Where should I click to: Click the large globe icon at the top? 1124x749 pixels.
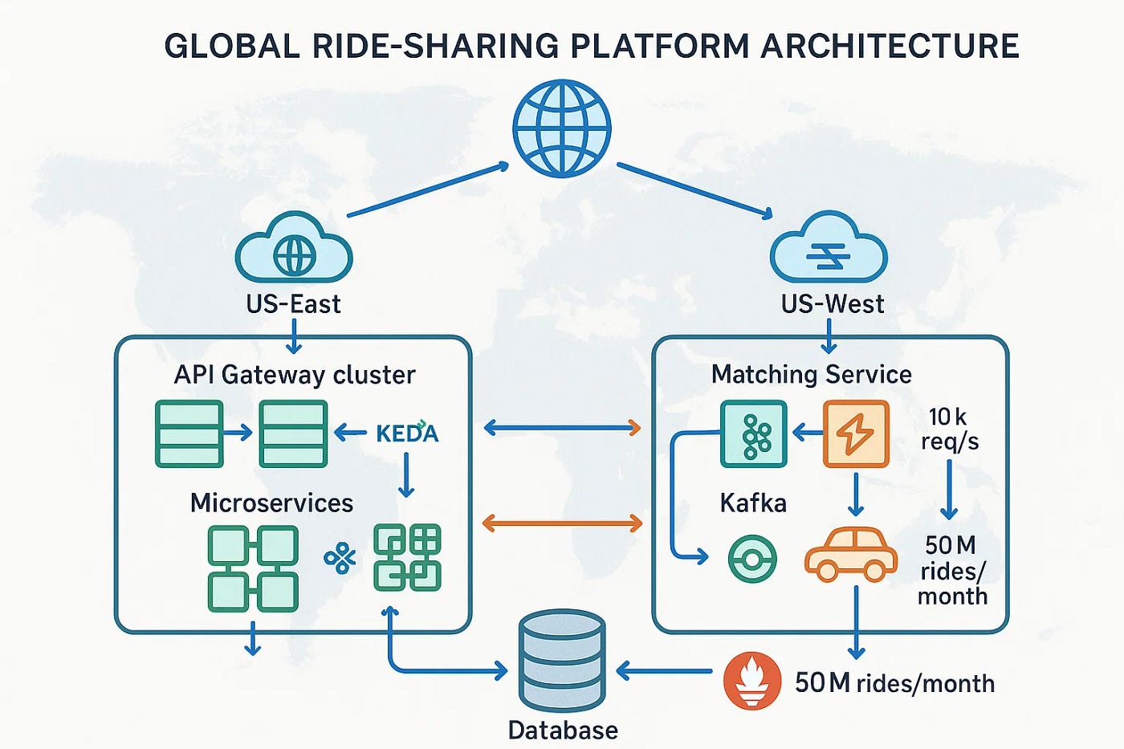coord(562,128)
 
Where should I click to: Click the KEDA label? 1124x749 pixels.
coord(407,434)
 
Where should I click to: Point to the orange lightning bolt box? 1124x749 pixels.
coord(856,434)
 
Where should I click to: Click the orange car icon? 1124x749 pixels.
coord(851,554)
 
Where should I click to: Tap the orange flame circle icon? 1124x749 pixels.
coord(751,681)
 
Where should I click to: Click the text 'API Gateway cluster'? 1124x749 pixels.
coord(295,375)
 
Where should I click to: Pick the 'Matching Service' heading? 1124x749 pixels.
coord(811,374)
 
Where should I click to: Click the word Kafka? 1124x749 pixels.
coord(752,503)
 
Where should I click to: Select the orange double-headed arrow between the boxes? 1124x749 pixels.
coord(562,523)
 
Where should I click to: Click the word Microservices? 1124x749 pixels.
coord(271,503)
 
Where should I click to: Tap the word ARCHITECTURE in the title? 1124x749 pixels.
coord(890,46)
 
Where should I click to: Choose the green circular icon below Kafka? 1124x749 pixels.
coord(752,559)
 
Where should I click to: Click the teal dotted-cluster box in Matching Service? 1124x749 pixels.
coord(753,434)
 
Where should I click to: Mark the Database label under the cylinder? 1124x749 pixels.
coord(563,731)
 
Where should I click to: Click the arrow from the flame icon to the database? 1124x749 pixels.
coord(663,670)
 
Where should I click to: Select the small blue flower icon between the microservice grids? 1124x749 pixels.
coord(340,558)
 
